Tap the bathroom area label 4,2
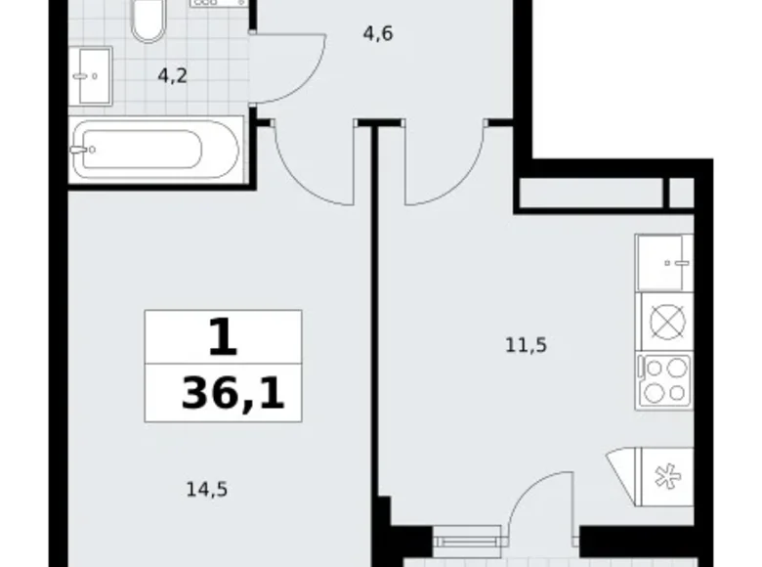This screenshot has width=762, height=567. pos(173,75)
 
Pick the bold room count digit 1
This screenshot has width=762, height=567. pos(224,339)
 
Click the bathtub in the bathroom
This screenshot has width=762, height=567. pos(156,150)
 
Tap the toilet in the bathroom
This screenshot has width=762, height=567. pos(149,20)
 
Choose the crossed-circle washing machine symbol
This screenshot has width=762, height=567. pos(664,321)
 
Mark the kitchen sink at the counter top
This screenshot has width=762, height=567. pos(664,262)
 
